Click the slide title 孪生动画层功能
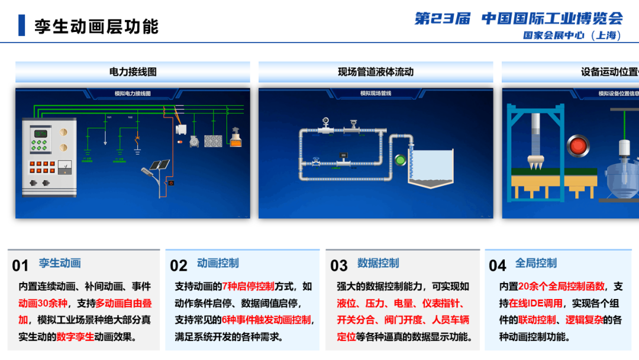96,26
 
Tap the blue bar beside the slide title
22,25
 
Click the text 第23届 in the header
442,18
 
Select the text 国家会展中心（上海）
572,36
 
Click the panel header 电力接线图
133,72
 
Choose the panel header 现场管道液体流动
376,72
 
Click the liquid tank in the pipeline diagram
433,169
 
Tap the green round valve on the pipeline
401,159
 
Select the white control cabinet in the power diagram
49,156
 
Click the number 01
20,266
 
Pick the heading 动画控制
218,263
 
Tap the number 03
339,266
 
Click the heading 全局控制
536,263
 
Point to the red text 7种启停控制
248,287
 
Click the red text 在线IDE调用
536,304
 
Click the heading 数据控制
378,263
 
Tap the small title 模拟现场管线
376,94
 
